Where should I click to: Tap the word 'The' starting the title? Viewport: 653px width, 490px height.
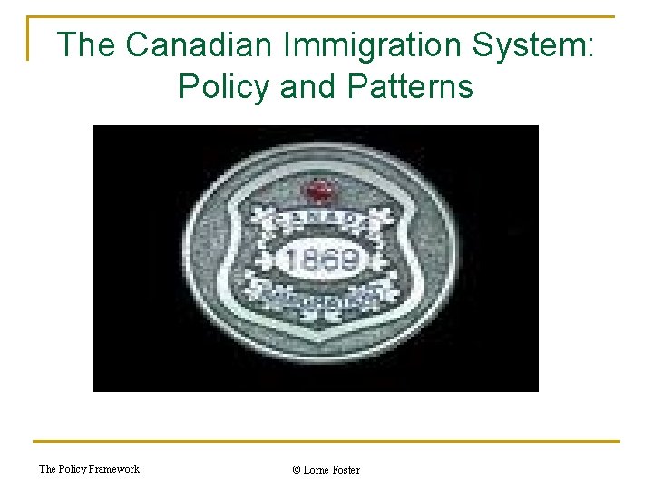pos(86,45)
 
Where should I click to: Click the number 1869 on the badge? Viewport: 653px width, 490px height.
pos(322,261)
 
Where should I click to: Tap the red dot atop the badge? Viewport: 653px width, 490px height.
pos(318,191)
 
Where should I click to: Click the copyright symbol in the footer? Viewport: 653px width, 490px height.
pos(297,470)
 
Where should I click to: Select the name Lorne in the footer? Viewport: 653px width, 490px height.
pos(317,470)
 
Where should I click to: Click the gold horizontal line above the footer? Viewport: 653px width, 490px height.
pos(326,442)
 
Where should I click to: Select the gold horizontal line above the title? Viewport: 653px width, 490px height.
pos(326,16)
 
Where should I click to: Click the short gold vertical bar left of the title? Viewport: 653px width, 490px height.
pos(30,38)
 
